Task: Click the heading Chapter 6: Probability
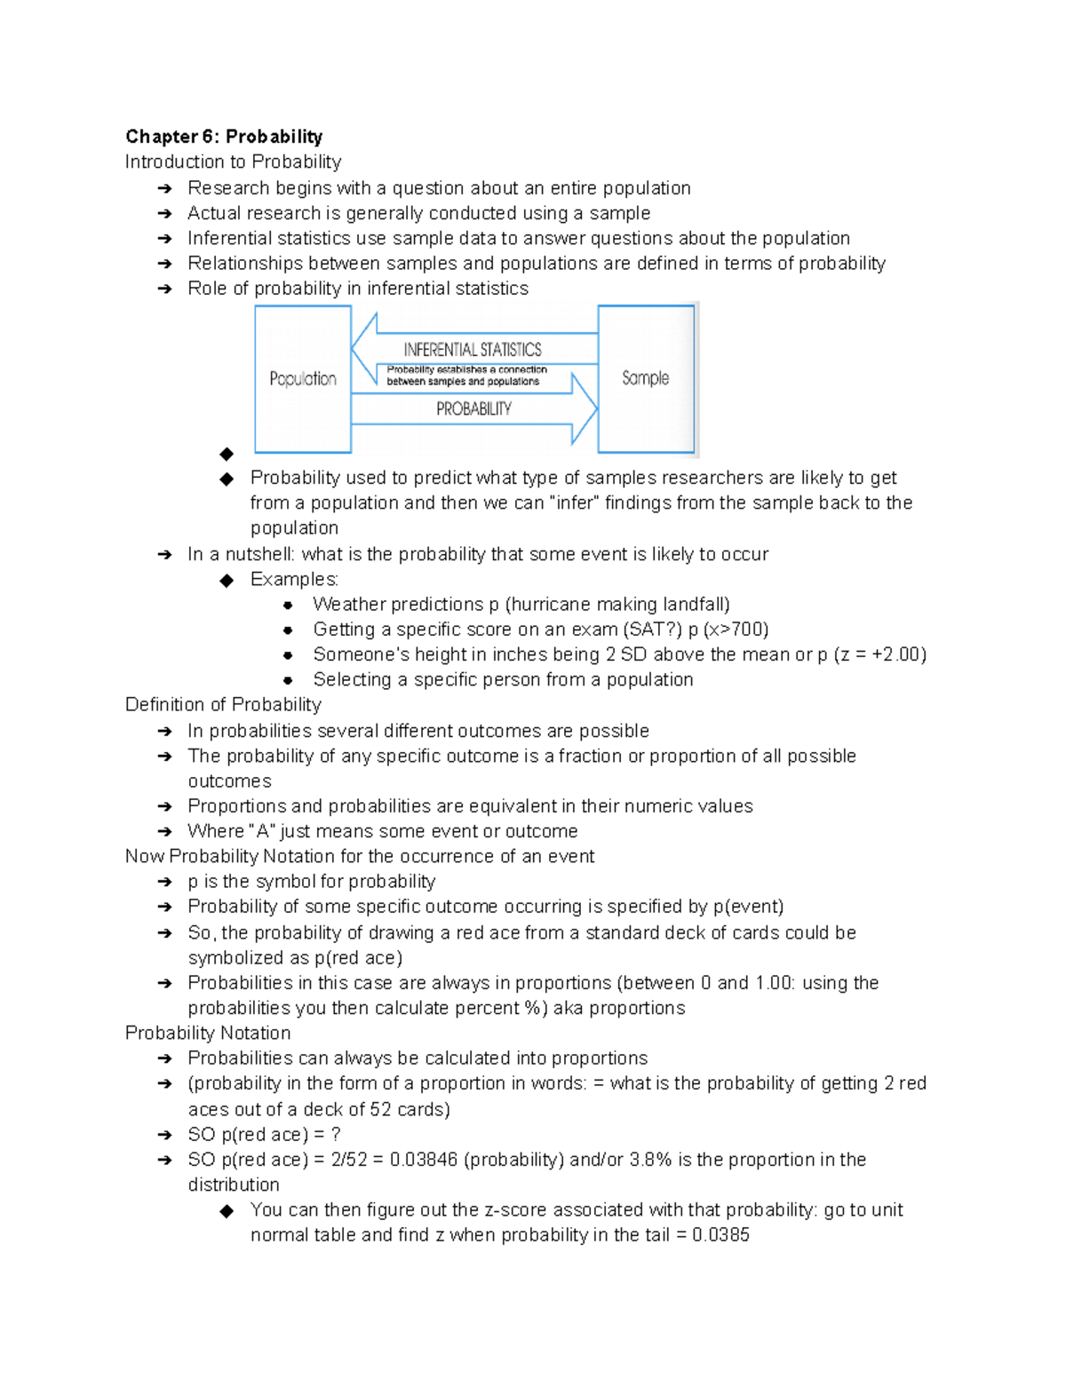(x=224, y=136)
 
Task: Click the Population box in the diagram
(x=303, y=379)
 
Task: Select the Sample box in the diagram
(x=646, y=378)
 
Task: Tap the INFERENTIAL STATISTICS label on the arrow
(x=473, y=349)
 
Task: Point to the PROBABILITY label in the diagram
(x=473, y=408)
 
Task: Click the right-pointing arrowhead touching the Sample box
(x=584, y=408)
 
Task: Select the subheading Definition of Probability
(x=223, y=704)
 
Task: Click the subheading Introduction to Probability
(x=233, y=162)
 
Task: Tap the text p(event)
(x=748, y=907)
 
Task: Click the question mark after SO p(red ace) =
(x=336, y=1135)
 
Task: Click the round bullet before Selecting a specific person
(x=288, y=680)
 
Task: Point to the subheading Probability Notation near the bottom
(x=208, y=1033)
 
